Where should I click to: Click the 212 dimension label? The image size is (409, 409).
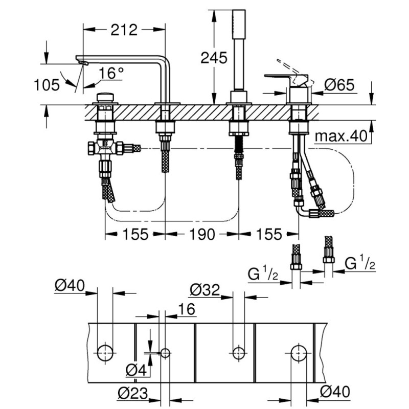(x=124, y=30)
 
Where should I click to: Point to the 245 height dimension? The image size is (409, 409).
(x=214, y=58)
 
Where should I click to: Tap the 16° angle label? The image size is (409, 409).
(x=111, y=74)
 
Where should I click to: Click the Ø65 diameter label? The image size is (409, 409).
(x=339, y=85)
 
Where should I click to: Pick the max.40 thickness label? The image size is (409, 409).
(x=342, y=137)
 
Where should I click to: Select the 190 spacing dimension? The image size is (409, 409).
(x=201, y=234)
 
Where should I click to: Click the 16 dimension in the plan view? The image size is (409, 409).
(x=187, y=309)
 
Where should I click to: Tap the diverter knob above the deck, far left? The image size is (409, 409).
(x=105, y=97)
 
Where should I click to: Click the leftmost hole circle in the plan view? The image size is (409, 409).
(x=105, y=352)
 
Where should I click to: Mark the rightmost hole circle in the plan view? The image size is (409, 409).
(x=299, y=352)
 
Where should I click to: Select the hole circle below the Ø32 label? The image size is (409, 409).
(x=237, y=352)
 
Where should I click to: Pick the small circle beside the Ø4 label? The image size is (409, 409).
(x=165, y=352)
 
